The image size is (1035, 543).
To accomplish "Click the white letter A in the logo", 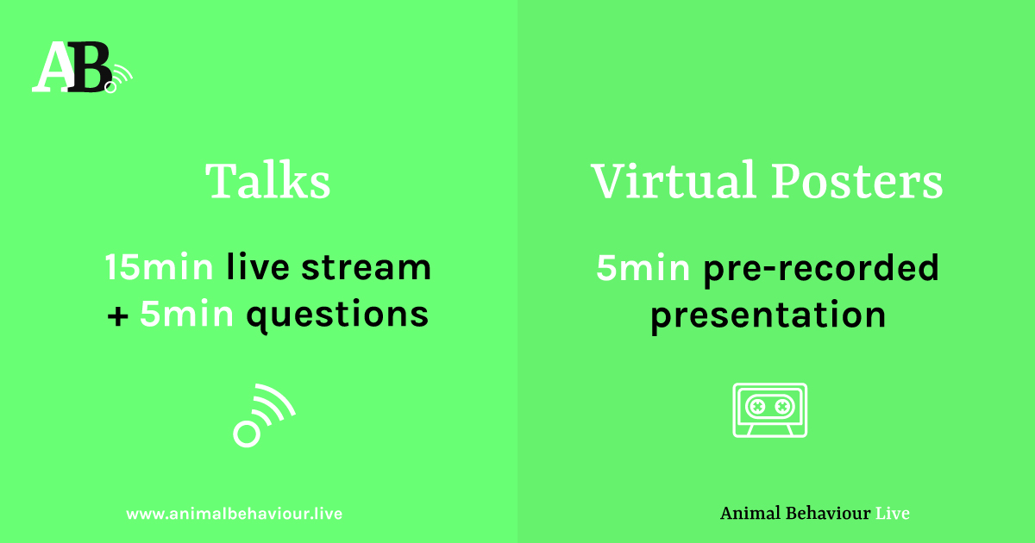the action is click(x=52, y=67).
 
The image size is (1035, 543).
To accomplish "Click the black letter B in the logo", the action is click(x=90, y=67).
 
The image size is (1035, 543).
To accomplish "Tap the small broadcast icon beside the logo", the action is click(x=118, y=78).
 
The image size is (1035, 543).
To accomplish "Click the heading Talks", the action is click(x=268, y=180).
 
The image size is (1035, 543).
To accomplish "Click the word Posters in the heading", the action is click(x=857, y=181).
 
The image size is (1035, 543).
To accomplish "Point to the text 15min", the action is click(x=159, y=267).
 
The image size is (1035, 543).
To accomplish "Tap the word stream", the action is click(x=366, y=267).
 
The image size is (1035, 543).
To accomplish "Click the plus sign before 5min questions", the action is click(x=117, y=316).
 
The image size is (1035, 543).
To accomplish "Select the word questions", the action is click(x=337, y=315).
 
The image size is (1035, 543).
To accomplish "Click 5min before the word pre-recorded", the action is click(x=643, y=268).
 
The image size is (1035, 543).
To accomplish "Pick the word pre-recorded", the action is click(x=821, y=270).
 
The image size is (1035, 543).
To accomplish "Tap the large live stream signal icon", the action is click(x=264, y=415).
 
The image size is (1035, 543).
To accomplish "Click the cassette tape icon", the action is click(x=769, y=410).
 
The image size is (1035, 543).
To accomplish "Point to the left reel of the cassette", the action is click(x=758, y=407).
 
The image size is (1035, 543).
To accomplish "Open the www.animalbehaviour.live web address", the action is click(x=235, y=514).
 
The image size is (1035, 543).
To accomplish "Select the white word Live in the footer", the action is click(x=893, y=514).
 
